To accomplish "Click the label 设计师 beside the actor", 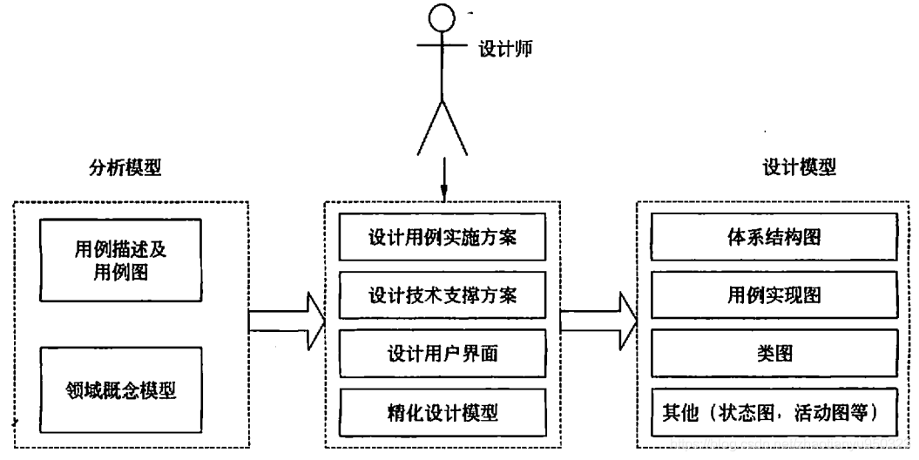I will (505, 49).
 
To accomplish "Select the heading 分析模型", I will (131, 168).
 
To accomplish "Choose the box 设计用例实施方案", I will (444, 238).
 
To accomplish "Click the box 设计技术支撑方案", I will (444, 294).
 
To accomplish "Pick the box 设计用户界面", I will (444, 353).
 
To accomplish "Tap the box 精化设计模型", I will (444, 410).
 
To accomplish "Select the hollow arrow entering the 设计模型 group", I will (598, 319).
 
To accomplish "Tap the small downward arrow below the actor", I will (443, 184).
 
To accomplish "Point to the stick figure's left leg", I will (430, 127).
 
